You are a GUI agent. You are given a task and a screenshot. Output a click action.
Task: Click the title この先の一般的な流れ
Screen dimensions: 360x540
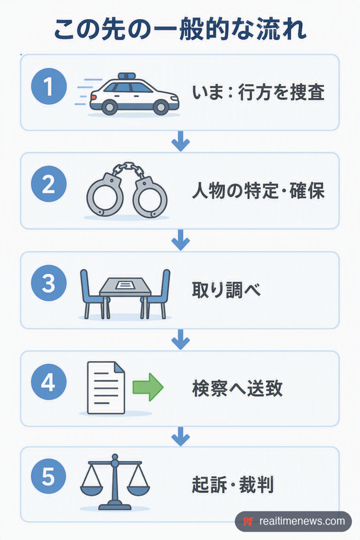pos(180,30)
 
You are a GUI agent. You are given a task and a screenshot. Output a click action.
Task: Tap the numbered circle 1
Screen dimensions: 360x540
pos(49,86)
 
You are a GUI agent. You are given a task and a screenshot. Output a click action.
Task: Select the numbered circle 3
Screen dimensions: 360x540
pos(49,283)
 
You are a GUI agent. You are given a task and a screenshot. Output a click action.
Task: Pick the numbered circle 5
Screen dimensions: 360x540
pos(49,477)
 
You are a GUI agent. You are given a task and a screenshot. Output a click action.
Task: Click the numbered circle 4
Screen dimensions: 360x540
pos(49,382)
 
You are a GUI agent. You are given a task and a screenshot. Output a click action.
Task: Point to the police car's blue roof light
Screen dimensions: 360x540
pos(127,76)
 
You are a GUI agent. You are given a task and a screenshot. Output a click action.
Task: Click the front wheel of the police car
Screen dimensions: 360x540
pos(160,107)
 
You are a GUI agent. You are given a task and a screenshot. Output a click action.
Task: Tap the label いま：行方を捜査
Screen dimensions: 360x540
pos(258,93)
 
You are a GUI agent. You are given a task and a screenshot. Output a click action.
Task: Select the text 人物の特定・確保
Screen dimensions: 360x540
pos(258,191)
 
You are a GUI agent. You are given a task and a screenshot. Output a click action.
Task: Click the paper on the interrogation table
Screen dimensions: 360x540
pos(125,285)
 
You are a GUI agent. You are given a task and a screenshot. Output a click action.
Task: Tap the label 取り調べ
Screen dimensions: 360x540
pos(226,290)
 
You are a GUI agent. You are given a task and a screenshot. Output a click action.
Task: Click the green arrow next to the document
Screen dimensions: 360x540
pos(148,387)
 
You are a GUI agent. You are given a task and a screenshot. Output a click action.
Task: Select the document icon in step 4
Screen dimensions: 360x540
pos(106,387)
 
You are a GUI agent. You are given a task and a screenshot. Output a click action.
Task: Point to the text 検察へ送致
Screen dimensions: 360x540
pos(237,388)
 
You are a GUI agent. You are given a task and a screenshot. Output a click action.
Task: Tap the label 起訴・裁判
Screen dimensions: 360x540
pos(233,484)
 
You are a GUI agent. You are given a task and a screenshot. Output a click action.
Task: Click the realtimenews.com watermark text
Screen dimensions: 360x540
pos(302,521)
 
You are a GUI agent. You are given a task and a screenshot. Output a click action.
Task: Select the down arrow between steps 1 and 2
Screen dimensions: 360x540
pos(181,141)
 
